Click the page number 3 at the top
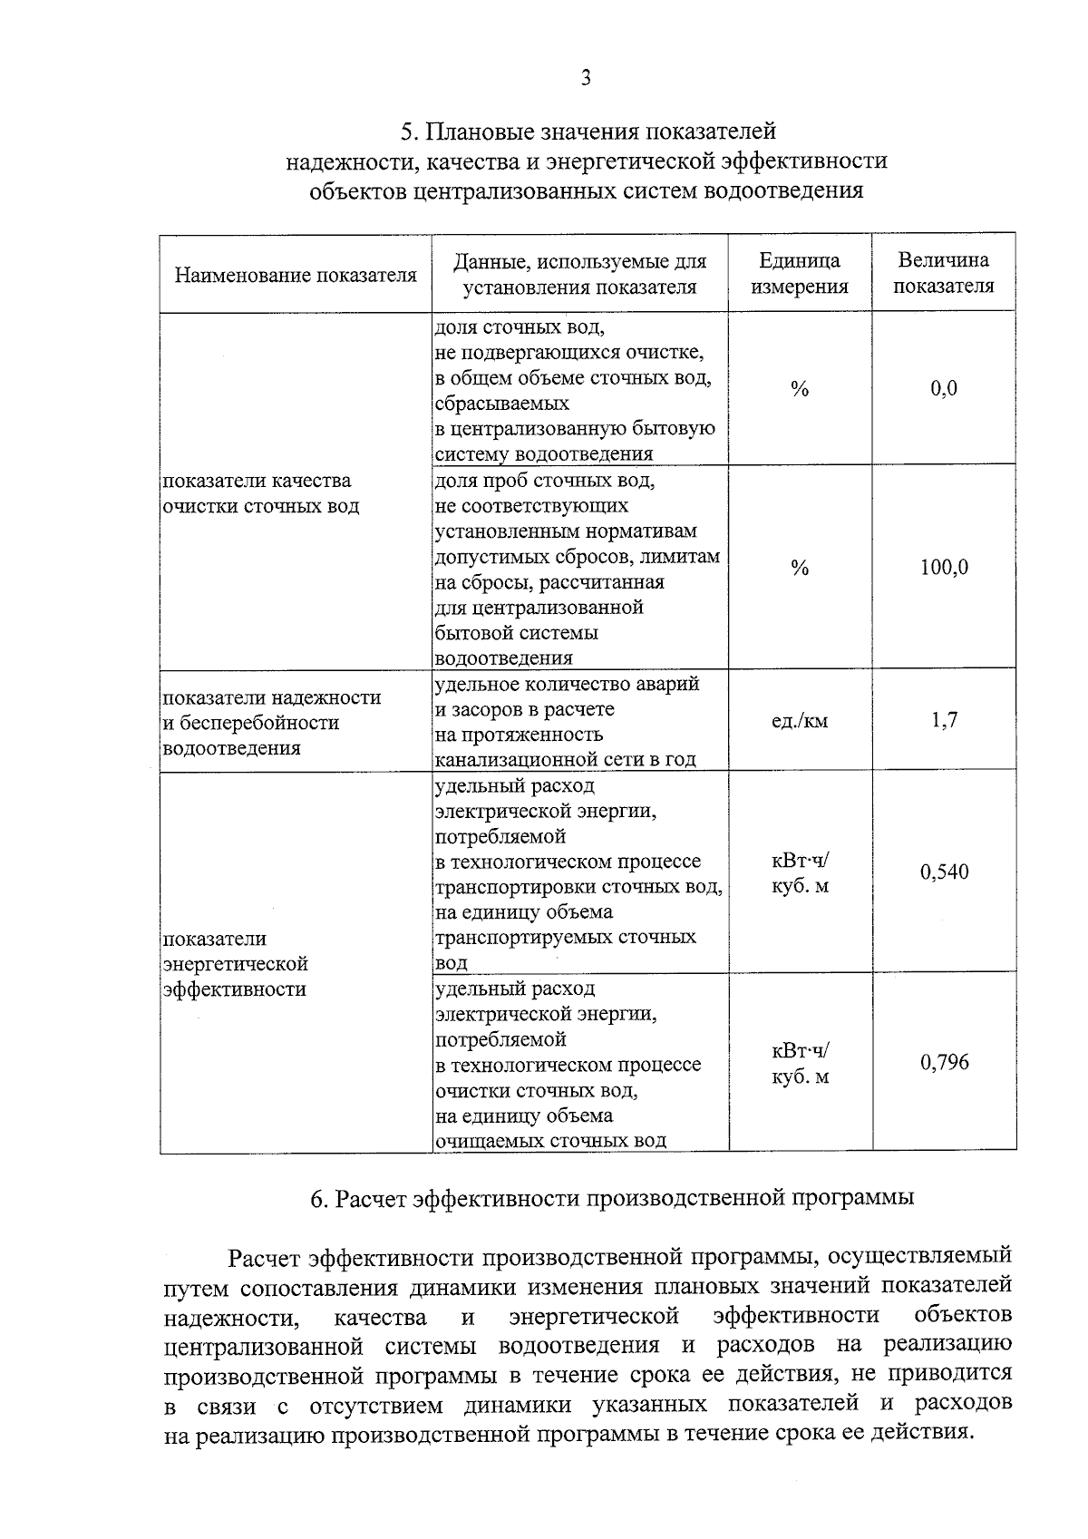586,79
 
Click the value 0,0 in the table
944,389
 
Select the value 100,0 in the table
944,568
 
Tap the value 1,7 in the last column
944,721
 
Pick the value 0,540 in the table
944,872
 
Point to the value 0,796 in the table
944,1063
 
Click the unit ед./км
800,722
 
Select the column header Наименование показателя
296,275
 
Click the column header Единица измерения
800,274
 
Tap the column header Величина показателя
944,274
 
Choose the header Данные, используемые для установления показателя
580,274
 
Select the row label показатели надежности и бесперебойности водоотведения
271,723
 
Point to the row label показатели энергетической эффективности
236,964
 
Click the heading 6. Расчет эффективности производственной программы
612,1198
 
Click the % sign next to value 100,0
800,568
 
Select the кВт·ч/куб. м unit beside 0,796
800,1064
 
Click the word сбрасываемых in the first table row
502,403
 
